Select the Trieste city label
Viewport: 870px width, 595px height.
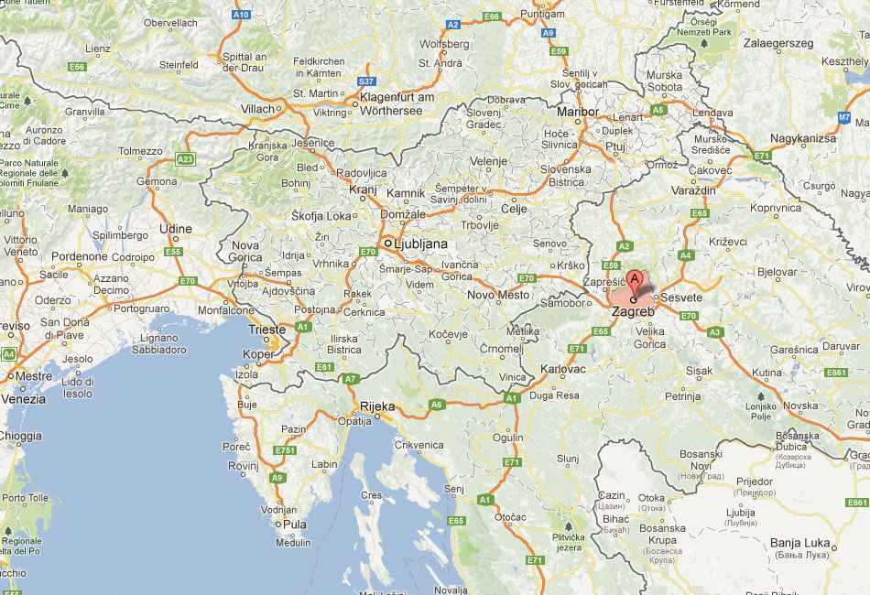pos(267,330)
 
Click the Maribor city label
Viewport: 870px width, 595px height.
pos(578,111)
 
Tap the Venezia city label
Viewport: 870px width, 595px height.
pos(23,399)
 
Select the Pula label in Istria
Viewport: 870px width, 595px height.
pos(295,525)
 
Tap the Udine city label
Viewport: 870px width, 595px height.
pos(176,229)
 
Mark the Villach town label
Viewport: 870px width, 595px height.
pos(257,108)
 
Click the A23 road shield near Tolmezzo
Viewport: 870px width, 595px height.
pos(186,159)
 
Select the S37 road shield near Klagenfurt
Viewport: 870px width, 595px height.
pos(366,81)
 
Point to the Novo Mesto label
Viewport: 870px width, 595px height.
pos(499,295)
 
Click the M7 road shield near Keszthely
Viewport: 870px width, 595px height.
pos(844,117)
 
